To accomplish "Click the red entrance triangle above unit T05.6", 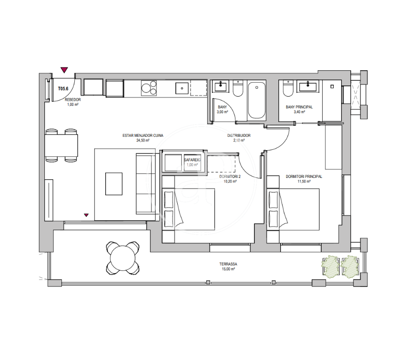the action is (x=64, y=70).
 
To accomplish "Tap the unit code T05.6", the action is (x=63, y=89).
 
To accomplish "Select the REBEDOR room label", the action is (x=73, y=100).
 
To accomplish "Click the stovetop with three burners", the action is (x=149, y=88).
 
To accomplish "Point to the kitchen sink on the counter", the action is (x=182, y=88).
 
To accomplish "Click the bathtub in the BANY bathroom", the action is (x=257, y=100).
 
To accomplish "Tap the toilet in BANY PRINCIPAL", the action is (x=288, y=89).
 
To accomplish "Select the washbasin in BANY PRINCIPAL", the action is (x=307, y=86).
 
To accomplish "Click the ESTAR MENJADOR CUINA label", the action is (x=143, y=135).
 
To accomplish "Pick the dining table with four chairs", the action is (x=61, y=145).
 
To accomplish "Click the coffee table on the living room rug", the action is (x=114, y=184).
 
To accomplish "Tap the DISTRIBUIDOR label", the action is (x=239, y=135).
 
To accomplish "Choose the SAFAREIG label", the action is (x=192, y=160).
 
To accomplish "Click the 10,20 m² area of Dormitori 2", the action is (x=230, y=182).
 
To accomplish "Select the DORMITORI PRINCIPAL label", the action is (x=304, y=177).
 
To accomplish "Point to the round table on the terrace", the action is (x=123, y=258).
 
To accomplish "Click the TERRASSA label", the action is (x=228, y=264).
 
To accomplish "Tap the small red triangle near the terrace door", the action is (x=86, y=215).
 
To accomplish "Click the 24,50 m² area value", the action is (x=143, y=140).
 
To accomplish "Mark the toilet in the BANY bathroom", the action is (x=238, y=89).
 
